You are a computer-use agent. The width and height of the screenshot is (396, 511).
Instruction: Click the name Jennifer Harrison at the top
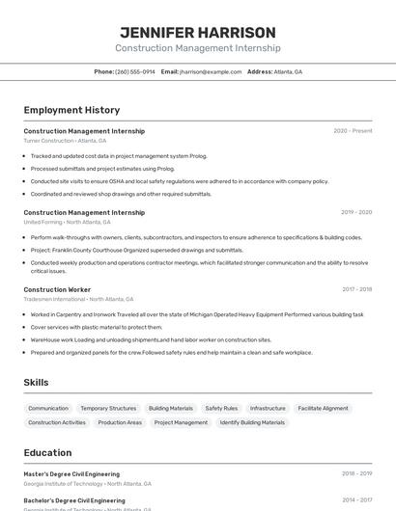coord(197,32)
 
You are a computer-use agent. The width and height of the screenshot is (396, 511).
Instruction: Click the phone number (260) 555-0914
coord(134,71)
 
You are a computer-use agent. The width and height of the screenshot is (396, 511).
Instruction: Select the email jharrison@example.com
coord(211,71)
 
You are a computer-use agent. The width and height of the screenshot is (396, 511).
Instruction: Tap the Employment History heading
coord(71,110)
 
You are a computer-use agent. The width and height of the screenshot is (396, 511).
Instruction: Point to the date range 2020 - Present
coord(353,131)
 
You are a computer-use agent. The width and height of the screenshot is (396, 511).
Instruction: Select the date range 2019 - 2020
coord(356,212)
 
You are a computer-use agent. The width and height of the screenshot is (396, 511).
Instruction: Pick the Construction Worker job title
coord(57,289)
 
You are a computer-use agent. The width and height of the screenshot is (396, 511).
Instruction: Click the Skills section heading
coord(37,383)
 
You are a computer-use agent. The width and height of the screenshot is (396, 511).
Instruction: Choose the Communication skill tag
coord(48,408)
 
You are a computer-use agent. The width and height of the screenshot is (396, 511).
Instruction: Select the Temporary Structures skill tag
coord(108,408)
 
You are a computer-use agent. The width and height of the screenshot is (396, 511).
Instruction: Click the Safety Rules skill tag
coord(221,408)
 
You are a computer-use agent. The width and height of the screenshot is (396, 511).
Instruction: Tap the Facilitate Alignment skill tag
coord(323,408)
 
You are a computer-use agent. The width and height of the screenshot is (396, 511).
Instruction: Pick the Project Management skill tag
coord(181,422)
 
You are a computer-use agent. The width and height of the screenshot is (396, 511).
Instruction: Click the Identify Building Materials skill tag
coord(252,422)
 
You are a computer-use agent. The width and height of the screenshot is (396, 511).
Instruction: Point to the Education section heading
coord(47,452)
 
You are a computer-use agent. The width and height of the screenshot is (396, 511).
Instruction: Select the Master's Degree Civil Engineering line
coord(71,473)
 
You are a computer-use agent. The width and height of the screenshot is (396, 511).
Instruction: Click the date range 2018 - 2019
coord(356,473)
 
